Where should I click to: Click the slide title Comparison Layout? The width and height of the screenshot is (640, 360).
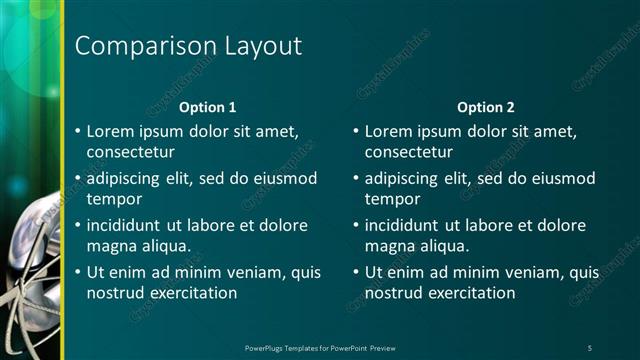pos(188,46)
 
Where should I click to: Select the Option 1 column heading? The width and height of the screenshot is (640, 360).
pos(207,107)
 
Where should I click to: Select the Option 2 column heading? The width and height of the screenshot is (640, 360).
pos(486,107)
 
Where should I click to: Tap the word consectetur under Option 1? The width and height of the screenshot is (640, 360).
pos(131,152)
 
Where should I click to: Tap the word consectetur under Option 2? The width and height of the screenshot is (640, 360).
pos(409,152)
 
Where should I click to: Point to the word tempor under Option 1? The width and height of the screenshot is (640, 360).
pos(111,199)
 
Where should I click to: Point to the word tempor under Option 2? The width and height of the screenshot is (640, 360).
pos(389,199)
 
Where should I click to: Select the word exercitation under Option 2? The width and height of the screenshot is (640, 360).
pos(470,293)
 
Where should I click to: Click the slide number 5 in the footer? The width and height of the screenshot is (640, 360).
pos(589,347)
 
